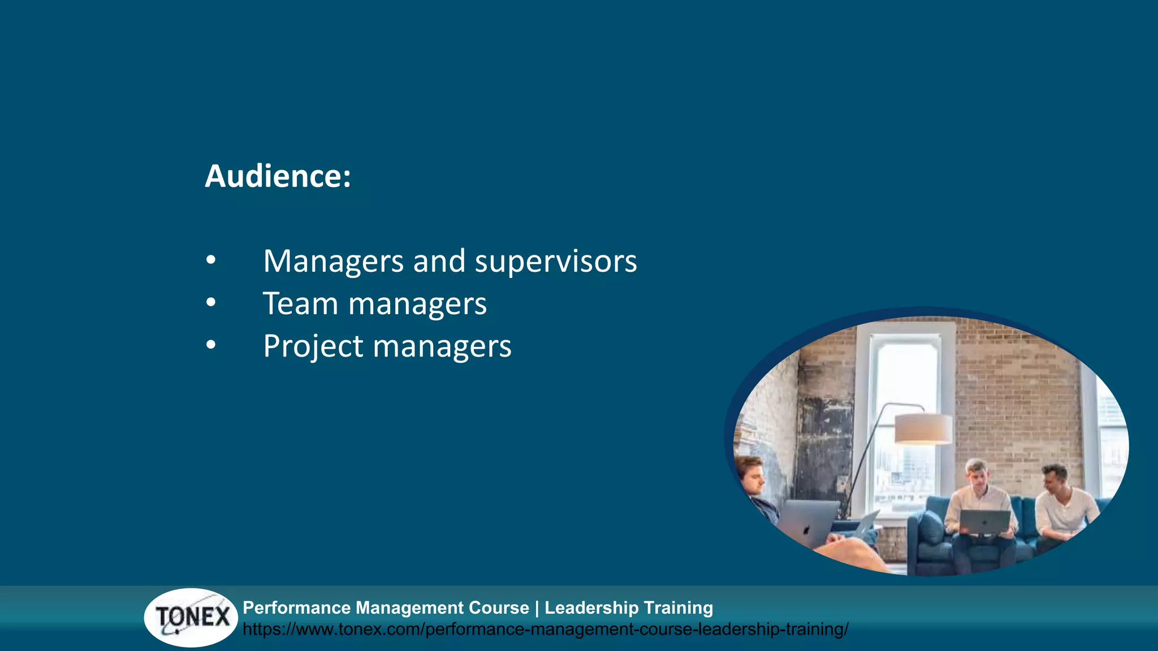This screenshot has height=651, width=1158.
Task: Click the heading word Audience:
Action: coord(278,176)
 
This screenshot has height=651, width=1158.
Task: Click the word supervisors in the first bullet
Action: coord(555,262)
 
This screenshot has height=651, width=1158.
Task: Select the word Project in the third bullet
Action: coord(313,346)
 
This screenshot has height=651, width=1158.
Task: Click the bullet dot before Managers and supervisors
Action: coord(211,261)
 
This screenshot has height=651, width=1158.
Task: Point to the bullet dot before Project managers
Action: coord(211,345)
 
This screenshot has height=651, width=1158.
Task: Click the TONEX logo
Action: coord(191,617)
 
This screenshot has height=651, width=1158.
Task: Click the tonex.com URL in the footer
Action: coord(545,629)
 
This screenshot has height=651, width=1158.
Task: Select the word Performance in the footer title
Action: coord(296,607)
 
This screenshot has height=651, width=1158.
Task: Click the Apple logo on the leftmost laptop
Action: coord(806,530)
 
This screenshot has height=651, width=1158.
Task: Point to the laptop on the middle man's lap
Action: coord(984,522)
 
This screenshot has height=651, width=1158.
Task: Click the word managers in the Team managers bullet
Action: coord(417,304)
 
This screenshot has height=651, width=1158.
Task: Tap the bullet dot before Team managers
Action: coord(211,302)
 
